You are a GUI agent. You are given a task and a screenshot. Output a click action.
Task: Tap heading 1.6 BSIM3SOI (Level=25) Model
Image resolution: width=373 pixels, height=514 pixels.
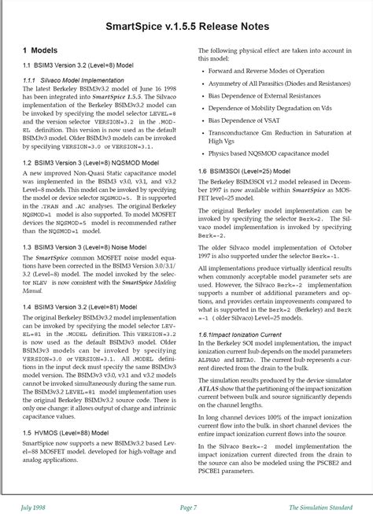tap(245, 171)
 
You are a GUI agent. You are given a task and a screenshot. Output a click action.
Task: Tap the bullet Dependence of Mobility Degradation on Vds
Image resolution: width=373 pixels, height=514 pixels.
tap(270, 109)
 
